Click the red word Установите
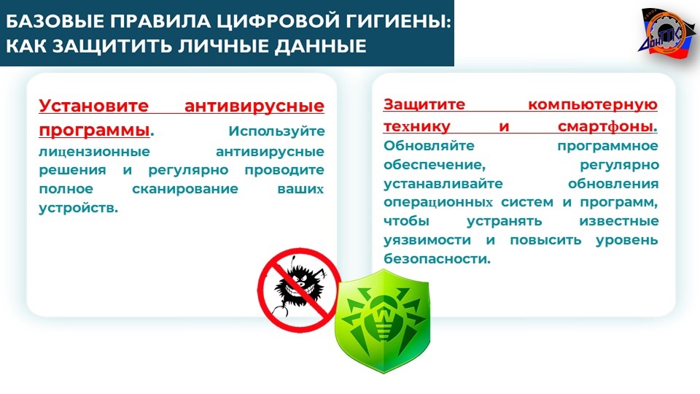94,106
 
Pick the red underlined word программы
94,130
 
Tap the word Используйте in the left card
276,131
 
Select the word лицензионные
95,152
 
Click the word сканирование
185,189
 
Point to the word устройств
78,208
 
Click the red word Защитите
424,104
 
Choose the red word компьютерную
593,105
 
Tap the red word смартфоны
606,127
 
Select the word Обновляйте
429,146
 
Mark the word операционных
438,203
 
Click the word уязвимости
427,240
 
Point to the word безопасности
437,259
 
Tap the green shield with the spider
382,320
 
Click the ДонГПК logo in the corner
667,33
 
